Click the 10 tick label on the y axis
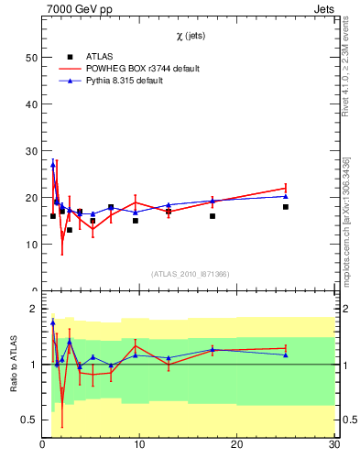pos(30,245)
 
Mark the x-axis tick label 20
pos(237,445)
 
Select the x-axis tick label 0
pos(43,445)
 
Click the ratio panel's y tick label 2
pos(33,309)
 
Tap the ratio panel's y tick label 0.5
pos(30,420)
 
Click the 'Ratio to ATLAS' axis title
pos(14,364)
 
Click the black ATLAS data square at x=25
pos(286,207)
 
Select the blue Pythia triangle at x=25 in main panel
pos(286,196)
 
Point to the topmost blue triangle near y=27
pos(53,165)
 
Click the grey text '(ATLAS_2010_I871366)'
pos(189,274)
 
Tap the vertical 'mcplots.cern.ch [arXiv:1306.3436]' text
pos(346,220)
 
